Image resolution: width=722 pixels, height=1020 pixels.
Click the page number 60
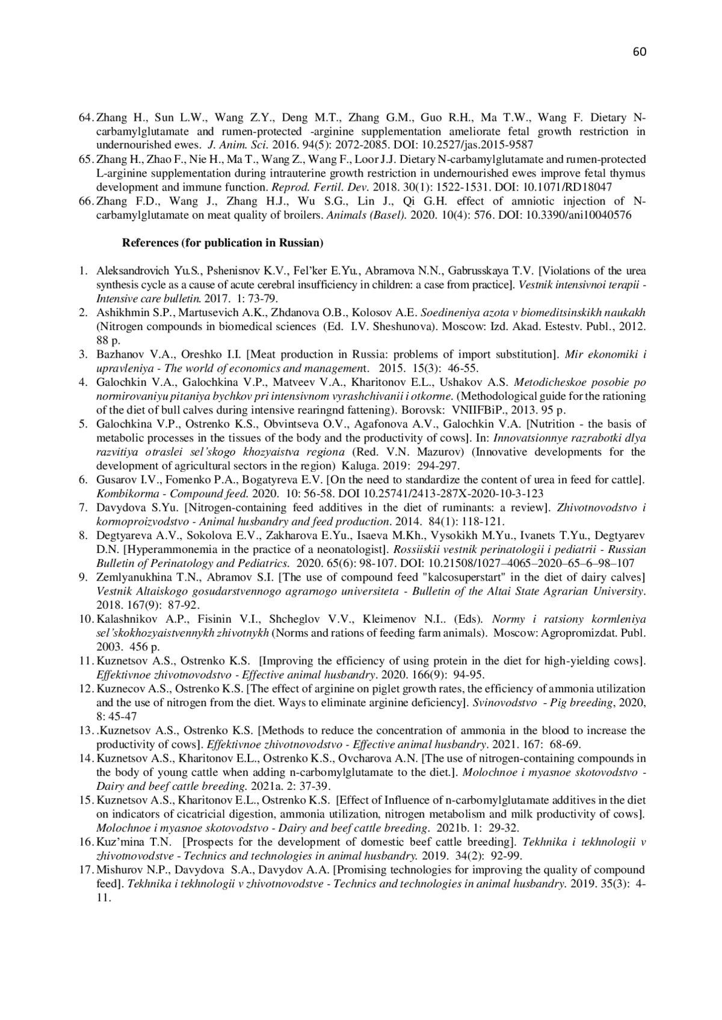640,52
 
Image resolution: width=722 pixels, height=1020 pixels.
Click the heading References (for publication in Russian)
223,243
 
